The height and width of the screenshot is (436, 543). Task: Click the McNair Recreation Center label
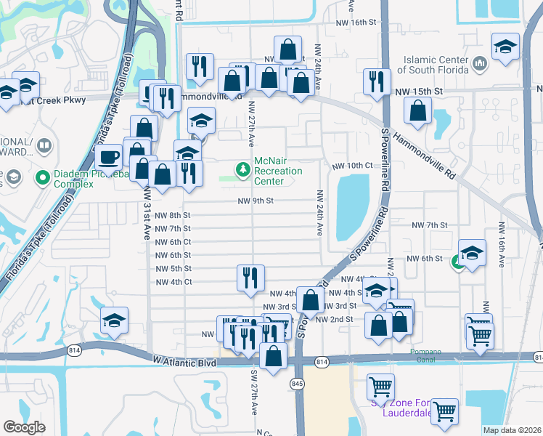point(278,171)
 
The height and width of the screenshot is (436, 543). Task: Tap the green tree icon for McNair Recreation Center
point(242,170)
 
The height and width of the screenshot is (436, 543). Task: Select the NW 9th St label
point(255,201)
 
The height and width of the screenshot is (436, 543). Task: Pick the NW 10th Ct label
point(352,166)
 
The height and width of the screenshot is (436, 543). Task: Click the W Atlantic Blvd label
point(185,360)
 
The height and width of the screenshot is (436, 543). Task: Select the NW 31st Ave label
point(147,211)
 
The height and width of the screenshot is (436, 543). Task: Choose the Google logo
point(24,427)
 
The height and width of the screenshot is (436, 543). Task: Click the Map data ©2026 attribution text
point(512,430)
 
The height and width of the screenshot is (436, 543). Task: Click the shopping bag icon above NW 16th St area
point(288,50)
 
